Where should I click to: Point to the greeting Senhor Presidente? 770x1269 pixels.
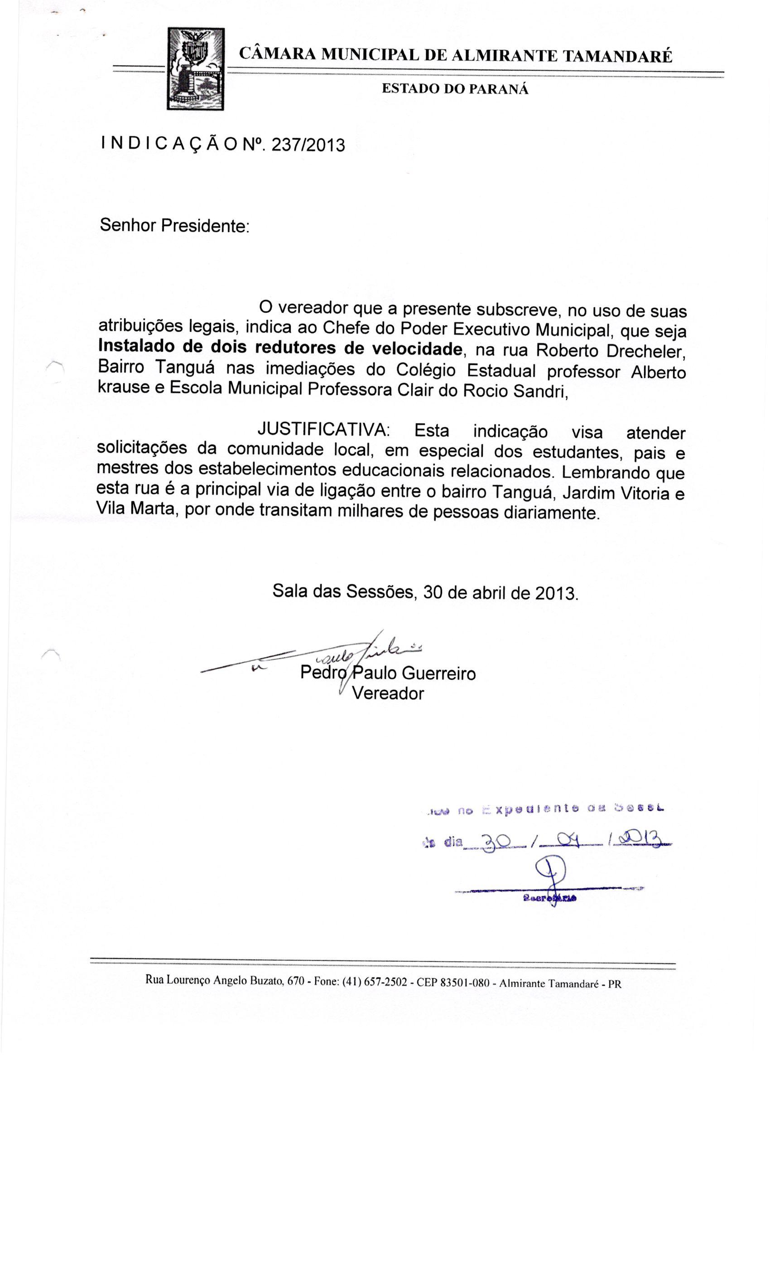174,226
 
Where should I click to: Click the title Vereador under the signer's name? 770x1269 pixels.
388,694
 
